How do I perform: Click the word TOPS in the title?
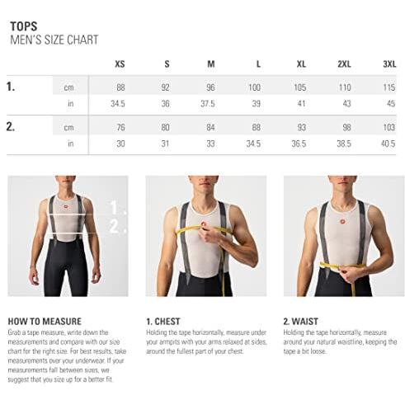point(24,26)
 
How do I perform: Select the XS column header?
point(120,64)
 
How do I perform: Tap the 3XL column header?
point(389,64)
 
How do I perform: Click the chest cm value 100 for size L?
point(254,87)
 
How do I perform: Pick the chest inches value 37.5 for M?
point(208,104)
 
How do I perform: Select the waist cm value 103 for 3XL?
point(389,127)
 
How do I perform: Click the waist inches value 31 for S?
point(165,144)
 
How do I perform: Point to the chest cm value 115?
point(389,87)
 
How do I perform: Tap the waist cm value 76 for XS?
point(120,127)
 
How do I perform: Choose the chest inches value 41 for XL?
point(302,104)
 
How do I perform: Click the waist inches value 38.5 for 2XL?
point(344,144)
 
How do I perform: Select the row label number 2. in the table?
point(11,127)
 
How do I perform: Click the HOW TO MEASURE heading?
point(45,322)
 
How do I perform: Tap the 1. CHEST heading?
point(163,322)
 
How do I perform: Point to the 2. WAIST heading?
point(300,322)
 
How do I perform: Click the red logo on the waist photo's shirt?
point(342,221)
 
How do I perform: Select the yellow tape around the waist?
point(342,266)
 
